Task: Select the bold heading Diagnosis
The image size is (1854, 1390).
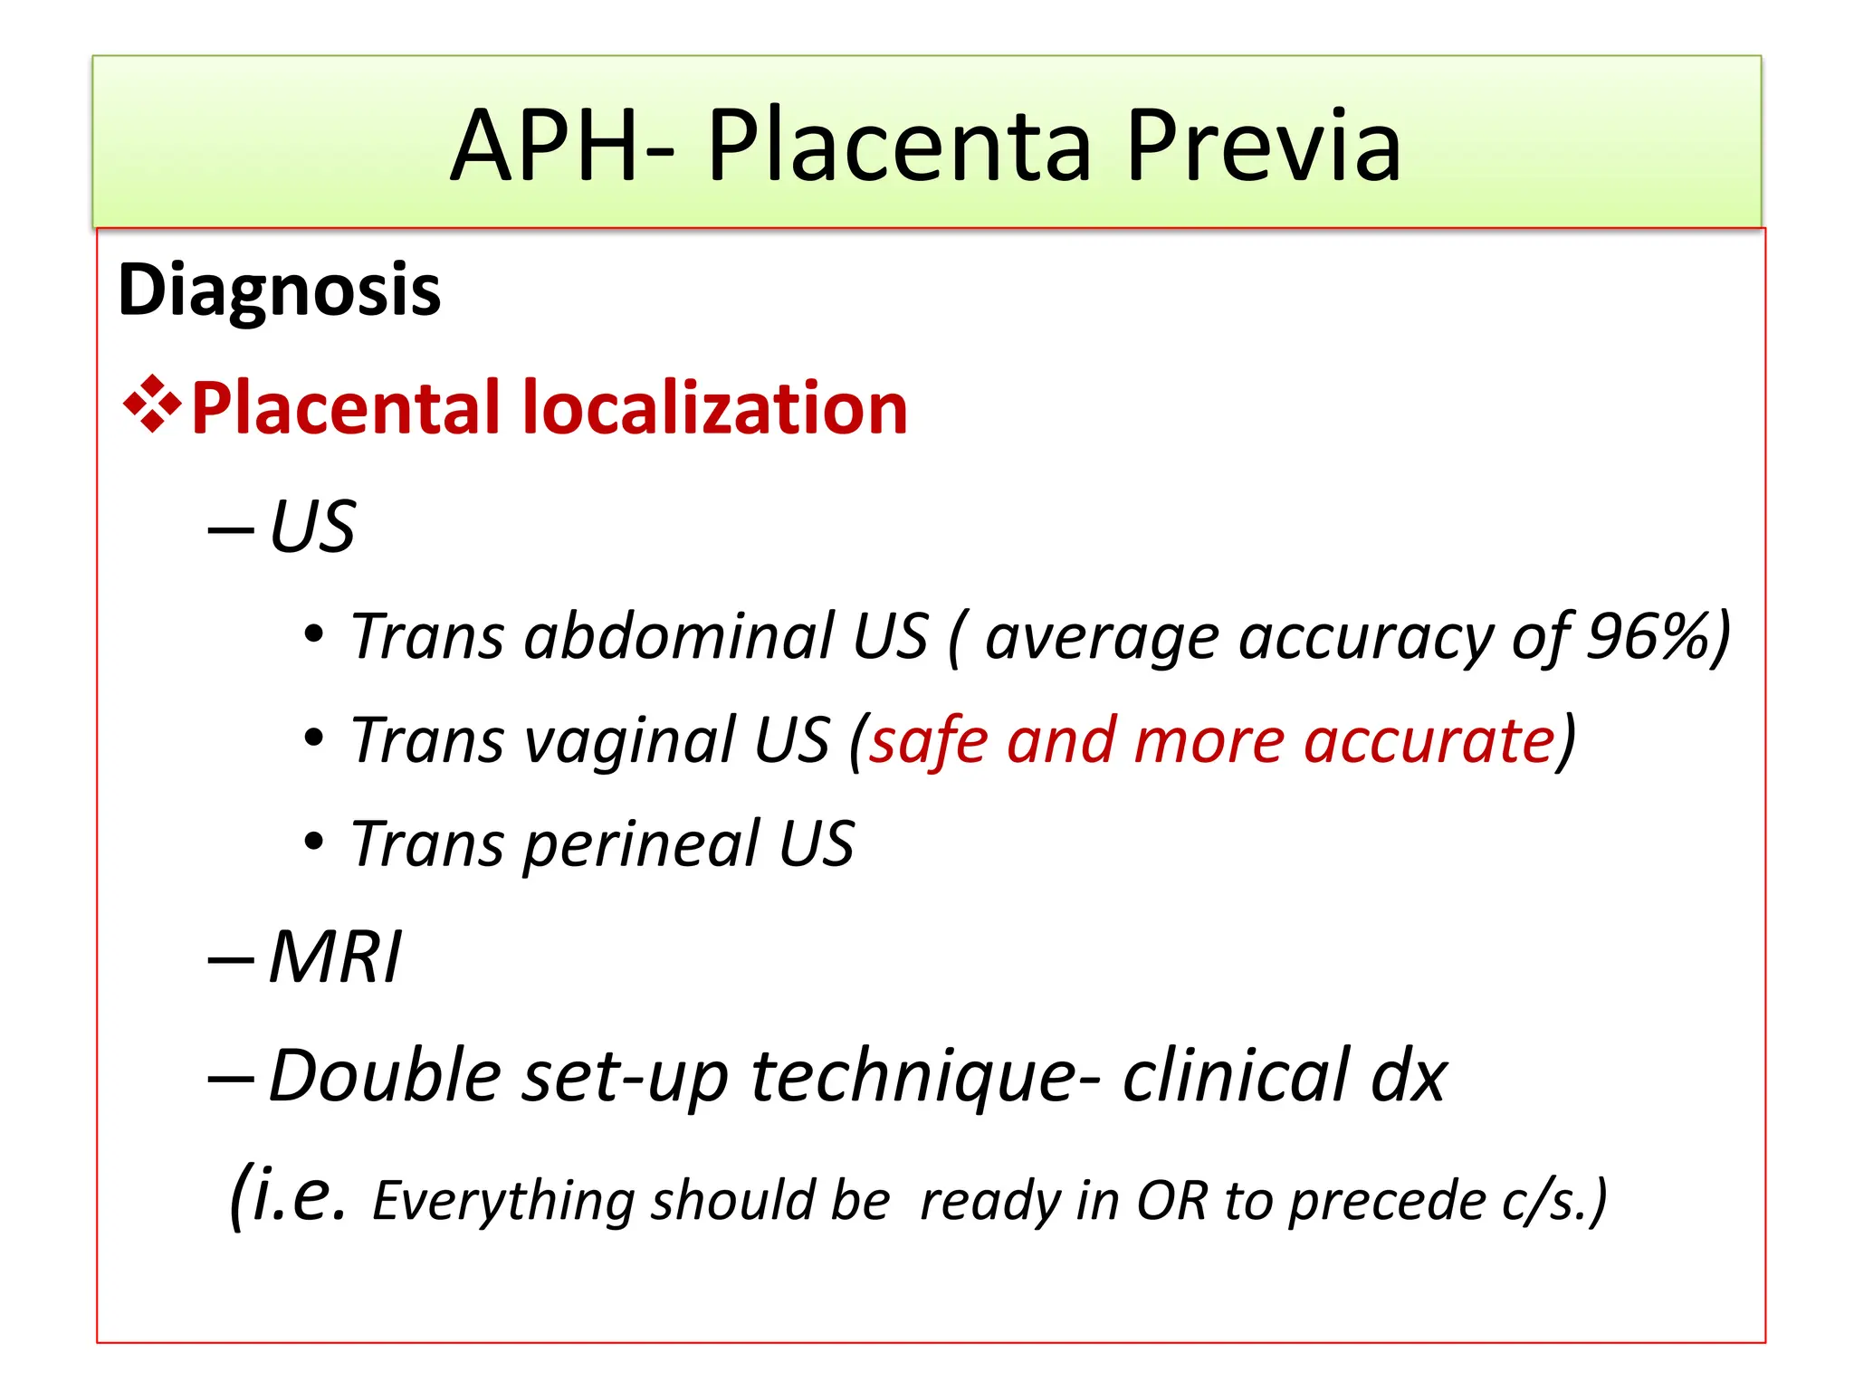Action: point(279,290)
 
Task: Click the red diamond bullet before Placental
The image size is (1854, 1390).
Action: point(151,404)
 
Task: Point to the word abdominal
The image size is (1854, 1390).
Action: point(680,635)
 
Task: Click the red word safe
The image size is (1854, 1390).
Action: point(929,740)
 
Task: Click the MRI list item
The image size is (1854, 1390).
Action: point(335,957)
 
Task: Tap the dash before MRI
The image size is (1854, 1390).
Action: point(230,959)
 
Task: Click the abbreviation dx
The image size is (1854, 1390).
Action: point(1409,1077)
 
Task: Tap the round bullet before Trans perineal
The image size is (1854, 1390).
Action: point(313,842)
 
